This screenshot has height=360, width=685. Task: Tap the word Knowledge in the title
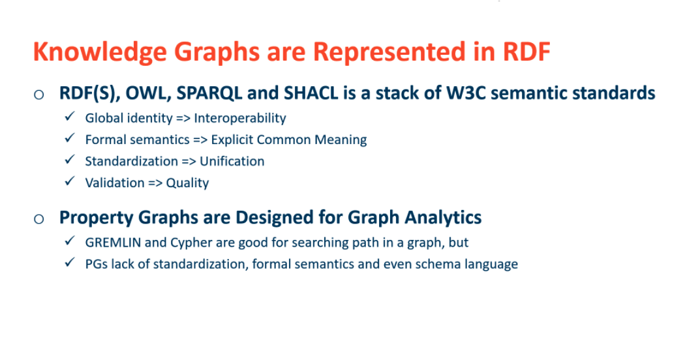[100, 53]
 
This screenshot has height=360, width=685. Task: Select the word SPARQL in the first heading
[209, 93]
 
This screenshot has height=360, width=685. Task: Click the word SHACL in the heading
[311, 93]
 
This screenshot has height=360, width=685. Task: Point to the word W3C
[466, 93]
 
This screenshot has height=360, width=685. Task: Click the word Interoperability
[240, 118]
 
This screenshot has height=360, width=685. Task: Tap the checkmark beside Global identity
[70, 117]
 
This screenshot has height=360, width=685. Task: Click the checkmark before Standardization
[70, 160]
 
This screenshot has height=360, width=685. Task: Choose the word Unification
[232, 161]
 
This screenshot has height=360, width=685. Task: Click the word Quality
[187, 183]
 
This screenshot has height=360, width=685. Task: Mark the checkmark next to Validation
[70, 181]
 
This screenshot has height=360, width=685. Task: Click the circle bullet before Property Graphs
[39, 219]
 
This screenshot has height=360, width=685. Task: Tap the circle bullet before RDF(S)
[39, 95]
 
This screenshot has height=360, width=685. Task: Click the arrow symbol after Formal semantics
[200, 140]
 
